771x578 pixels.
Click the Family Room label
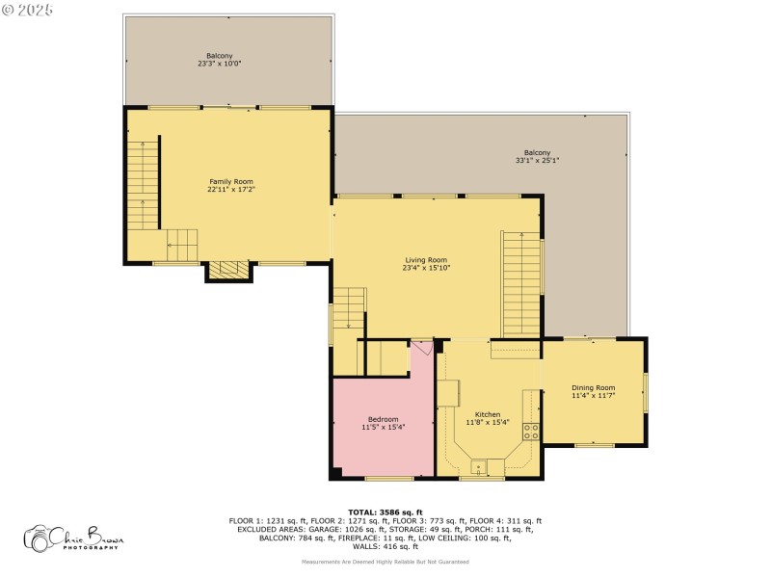(230, 181)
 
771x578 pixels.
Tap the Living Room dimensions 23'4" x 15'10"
(426, 268)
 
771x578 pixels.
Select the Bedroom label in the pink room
(383, 419)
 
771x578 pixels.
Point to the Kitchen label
(486, 414)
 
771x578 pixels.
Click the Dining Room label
(593, 387)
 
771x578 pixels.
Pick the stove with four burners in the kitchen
(530, 431)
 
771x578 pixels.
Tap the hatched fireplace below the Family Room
(229, 272)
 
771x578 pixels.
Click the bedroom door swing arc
(421, 350)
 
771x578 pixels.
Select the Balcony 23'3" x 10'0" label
(219, 56)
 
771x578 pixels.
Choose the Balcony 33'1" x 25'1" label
(537, 153)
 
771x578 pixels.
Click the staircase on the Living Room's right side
(521, 284)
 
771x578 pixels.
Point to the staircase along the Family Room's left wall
(143, 183)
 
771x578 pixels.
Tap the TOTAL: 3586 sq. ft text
(385, 512)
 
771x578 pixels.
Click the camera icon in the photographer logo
(40, 539)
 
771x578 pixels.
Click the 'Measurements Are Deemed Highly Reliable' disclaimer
(385, 562)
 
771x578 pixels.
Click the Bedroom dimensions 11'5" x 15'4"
(383, 427)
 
